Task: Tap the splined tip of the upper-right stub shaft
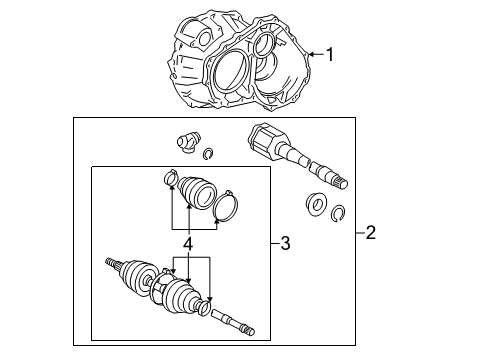pos(341,182)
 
